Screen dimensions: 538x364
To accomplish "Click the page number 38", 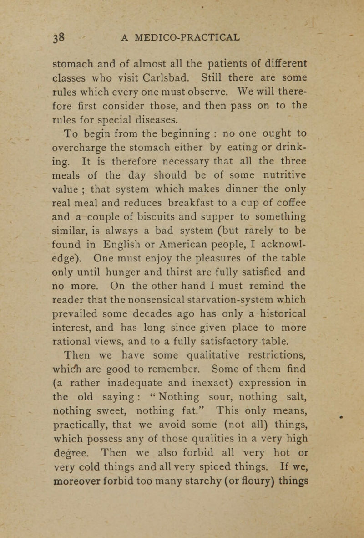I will (x=60, y=37).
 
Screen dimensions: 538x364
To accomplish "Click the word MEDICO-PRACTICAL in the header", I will (x=187, y=37).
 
